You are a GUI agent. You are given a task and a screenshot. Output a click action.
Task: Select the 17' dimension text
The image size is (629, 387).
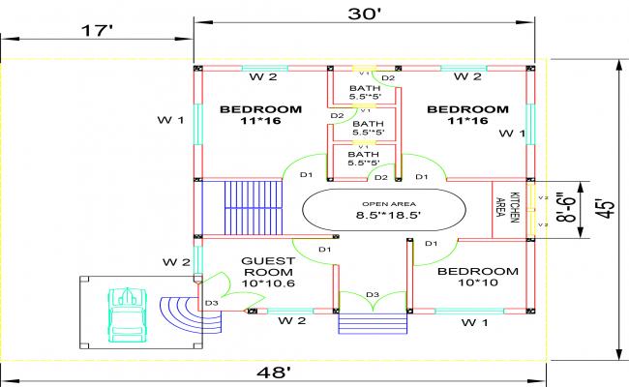pos(97,30)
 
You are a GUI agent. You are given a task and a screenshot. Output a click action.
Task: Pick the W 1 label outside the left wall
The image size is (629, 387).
pos(171,120)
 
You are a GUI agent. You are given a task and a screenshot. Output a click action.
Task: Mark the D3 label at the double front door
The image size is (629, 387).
pos(371,294)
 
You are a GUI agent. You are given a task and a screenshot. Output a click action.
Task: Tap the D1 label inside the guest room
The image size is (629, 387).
pos(324,251)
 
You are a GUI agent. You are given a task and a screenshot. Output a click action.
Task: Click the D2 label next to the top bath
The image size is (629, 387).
pos(387,77)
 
